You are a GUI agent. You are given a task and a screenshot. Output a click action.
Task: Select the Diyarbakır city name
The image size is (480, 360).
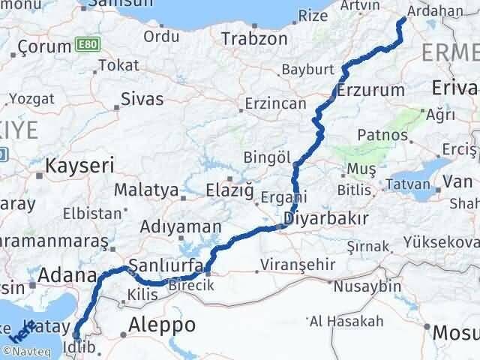pos(325,219)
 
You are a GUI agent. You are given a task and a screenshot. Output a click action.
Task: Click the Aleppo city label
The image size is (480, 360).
pos(162,325)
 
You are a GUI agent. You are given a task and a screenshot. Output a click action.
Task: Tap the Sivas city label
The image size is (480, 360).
pos(142,96)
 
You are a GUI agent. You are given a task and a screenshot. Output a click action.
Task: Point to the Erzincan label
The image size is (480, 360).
pos(278,103)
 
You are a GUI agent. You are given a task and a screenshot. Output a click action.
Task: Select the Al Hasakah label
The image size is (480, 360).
pos(346,321)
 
